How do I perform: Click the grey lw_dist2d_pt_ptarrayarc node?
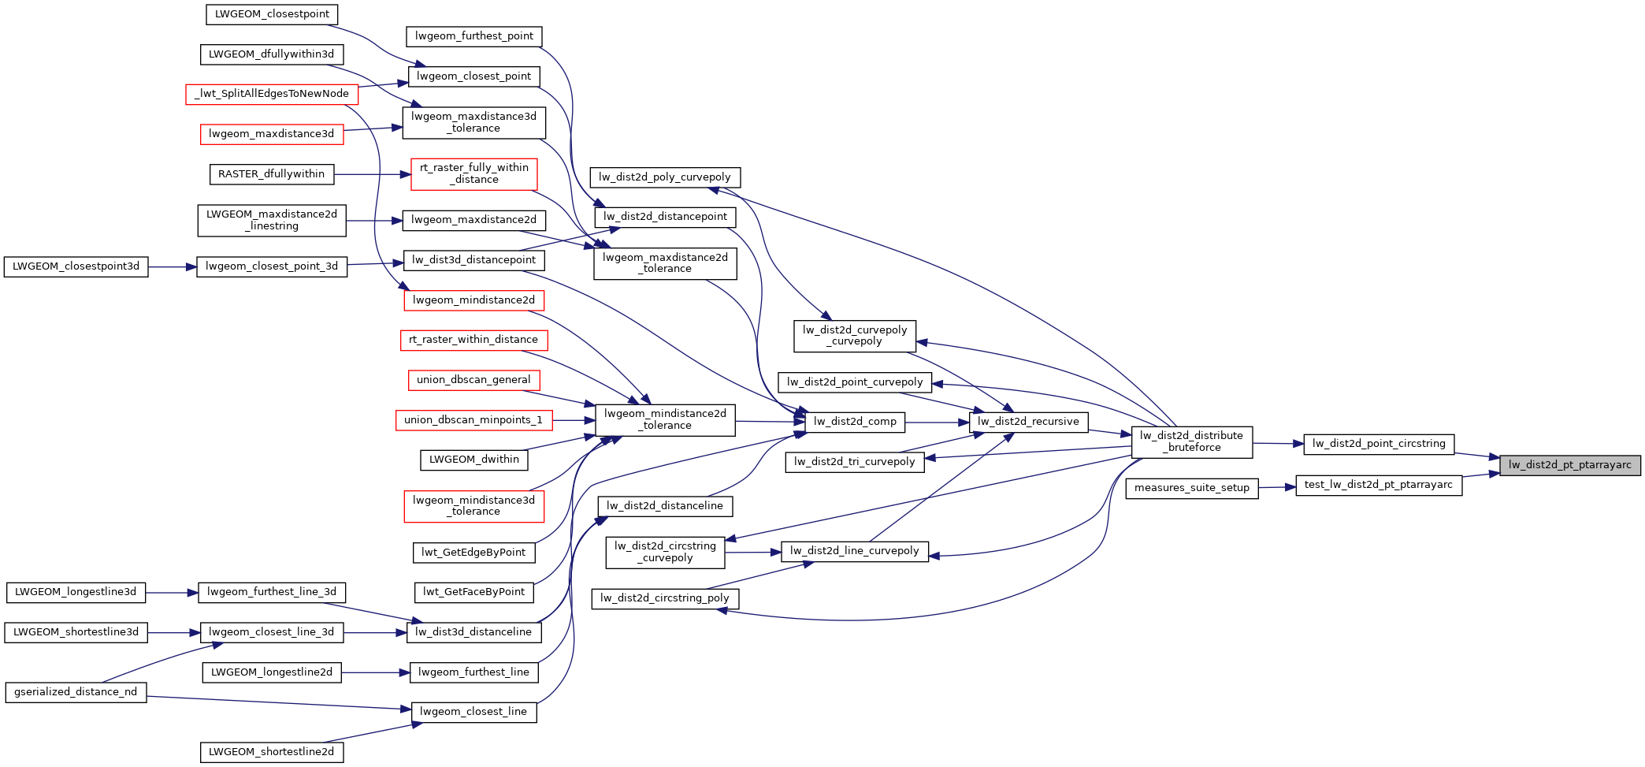point(1569,465)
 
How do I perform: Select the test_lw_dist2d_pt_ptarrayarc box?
point(1378,485)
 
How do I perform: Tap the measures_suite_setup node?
point(1191,488)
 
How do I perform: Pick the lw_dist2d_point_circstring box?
point(1378,444)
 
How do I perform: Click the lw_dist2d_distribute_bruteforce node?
point(1191,441)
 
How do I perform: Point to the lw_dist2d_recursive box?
point(1028,422)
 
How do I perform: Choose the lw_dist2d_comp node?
point(855,422)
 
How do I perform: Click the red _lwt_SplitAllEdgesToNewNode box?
point(272,94)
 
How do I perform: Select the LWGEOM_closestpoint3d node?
point(76,266)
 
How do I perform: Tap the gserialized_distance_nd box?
point(76,692)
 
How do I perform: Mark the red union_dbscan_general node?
point(473,380)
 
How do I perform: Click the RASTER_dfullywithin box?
point(271,174)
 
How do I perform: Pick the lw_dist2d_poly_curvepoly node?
point(664,177)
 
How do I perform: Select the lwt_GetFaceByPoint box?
point(473,592)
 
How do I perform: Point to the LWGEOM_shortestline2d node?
point(271,752)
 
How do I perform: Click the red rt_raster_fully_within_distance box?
point(473,173)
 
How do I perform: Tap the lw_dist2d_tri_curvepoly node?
point(854,462)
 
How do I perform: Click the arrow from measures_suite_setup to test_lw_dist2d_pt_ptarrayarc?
point(1277,487)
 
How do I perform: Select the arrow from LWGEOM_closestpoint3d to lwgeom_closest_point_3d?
point(172,267)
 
